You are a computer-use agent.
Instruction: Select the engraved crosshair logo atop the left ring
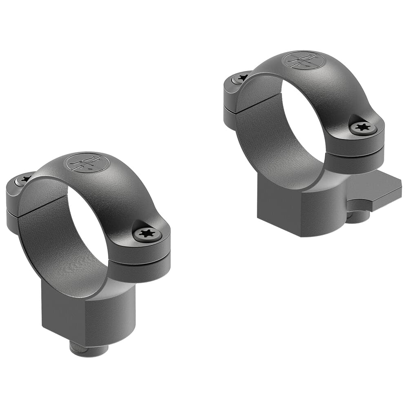(x=87, y=163)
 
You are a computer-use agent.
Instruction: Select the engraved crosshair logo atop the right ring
(x=304, y=60)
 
